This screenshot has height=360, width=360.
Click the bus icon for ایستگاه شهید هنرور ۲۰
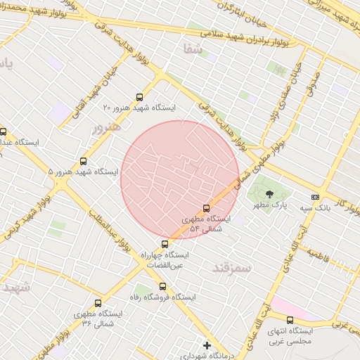[139, 98]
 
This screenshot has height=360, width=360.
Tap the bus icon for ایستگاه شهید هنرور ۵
[84, 161]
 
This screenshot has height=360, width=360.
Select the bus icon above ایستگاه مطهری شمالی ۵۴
[206, 208]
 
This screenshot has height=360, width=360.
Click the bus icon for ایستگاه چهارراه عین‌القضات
[165, 244]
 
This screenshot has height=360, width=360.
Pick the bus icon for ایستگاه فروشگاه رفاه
[162, 286]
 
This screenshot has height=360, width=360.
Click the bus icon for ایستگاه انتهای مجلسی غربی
[290, 320]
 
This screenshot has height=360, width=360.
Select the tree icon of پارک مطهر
[270, 193]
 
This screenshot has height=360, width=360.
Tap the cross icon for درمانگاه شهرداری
[207, 345]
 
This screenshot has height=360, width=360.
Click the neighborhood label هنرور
[107, 129]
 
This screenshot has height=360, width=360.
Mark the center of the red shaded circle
[179, 179]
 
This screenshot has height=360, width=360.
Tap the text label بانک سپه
[316, 208]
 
